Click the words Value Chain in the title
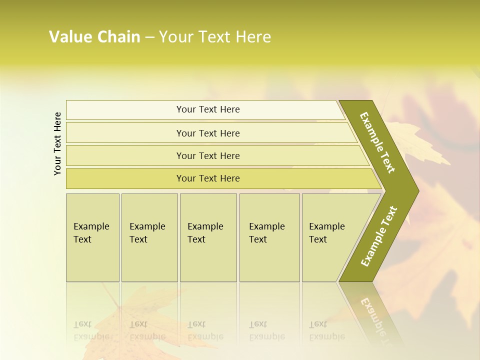(94, 37)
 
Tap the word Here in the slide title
(253, 37)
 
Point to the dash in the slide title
(149, 37)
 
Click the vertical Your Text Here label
(57, 144)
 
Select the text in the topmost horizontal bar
(208, 109)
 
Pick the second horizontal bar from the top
(208, 133)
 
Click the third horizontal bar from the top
(208, 156)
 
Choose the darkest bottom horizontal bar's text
(208, 178)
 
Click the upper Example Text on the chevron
(377, 142)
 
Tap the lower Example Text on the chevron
(378, 236)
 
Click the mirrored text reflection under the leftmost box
(91, 330)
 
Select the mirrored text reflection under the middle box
(205, 330)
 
